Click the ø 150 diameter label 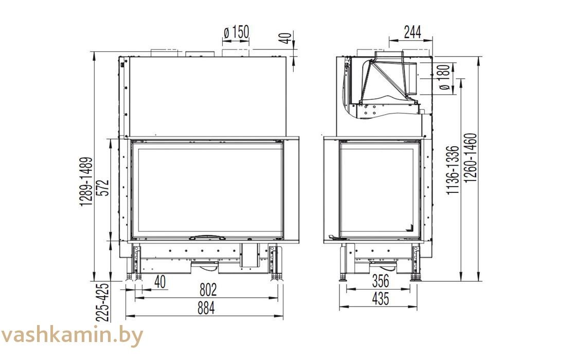[237, 32]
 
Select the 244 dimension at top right [412, 32]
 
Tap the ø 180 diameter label [444, 77]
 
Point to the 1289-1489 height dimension [86, 182]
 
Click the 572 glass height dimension [104, 187]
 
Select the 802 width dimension [208, 290]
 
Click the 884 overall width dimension [206, 308]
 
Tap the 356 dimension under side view [380, 281]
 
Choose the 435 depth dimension [380, 299]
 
